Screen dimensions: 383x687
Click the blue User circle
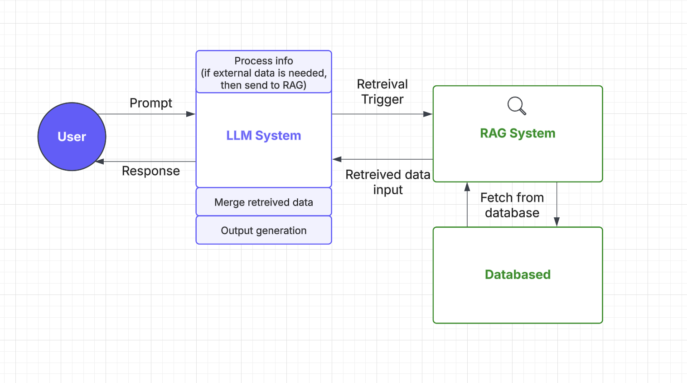coord(72,137)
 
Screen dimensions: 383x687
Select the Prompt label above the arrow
coord(150,103)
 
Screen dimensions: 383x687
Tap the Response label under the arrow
coord(150,171)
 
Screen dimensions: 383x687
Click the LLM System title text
coord(263,136)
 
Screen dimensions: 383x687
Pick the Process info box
coord(264,72)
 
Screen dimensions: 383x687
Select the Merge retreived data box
coord(264,202)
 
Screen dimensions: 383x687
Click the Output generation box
coord(264,231)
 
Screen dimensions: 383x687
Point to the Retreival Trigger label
coord(382,92)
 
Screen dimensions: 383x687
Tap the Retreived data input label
coord(387,182)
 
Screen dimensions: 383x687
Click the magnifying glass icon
coord(516,106)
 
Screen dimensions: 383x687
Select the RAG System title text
coord(518,133)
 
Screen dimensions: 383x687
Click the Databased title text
coord(518,275)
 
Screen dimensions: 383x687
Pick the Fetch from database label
coord(512,205)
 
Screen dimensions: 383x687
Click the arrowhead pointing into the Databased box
coord(556,222)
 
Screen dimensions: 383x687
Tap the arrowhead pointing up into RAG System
coord(467,187)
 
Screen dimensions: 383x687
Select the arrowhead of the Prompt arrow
coord(191,114)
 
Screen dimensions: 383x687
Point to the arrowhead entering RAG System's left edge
coord(428,114)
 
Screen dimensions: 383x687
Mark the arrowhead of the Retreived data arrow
coord(337,159)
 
